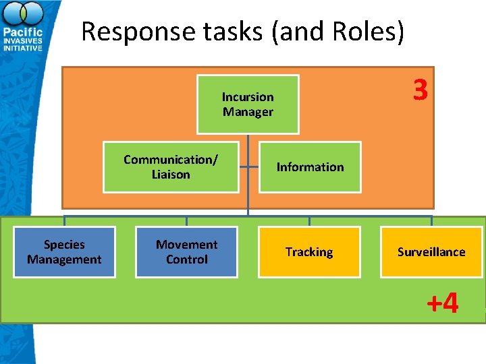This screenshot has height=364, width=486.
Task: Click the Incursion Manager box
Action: click(x=248, y=104)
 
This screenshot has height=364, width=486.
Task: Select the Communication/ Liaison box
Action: click(x=171, y=167)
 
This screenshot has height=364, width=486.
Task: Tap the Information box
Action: click(x=310, y=167)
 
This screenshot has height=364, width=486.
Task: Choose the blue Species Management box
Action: click(x=64, y=252)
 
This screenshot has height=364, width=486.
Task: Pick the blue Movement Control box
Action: click(x=186, y=252)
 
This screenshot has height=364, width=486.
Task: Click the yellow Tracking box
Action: click(x=309, y=252)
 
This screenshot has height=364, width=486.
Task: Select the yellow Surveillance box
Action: click(x=431, y=252)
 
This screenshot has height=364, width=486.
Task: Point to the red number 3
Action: click(x=420, y=90)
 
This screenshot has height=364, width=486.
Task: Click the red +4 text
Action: click(x=442, y=303)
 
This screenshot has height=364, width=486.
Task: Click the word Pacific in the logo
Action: click(x=23, y=32)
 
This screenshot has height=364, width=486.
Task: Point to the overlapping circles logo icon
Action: click(x=23, y=13)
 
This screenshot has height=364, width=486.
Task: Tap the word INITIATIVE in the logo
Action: click(x=23, y=49)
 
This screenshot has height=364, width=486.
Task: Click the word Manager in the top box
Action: click(x=248, y=112)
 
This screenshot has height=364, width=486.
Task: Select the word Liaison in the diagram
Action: click(x=171, y=175)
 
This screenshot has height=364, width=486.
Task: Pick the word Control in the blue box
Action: click(x=186, y=260)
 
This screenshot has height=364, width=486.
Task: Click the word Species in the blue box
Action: click(x=64, y=245)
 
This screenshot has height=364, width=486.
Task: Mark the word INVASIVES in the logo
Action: click(x=23, y=40)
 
